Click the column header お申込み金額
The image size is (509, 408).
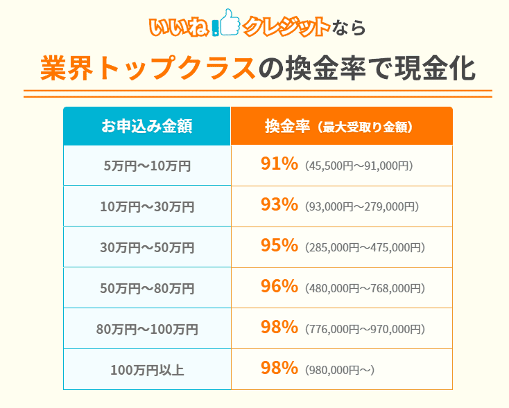click(x=146, y=126)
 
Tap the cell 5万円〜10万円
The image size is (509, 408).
click(x=146, y=166)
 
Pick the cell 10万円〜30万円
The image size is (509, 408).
click(x=146, y=206)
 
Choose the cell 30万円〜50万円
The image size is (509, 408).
click(x=146, y=247)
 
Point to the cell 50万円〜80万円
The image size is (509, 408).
click(x=146, y=288)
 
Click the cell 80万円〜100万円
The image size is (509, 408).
click(x=146, y=329)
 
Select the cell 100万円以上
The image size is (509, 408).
click(x=146, y=370)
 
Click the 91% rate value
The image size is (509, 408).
click(x=279, y=164)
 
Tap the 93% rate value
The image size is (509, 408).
click(x=279, y=205)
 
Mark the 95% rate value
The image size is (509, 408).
click(x=279, y=246)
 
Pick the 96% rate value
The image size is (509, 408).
click(x=279, y=287)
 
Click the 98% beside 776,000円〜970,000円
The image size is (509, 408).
click(x=279, y=328)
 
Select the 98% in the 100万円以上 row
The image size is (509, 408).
click(x=279, y=369)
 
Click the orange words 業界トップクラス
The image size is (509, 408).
click(x=146, y=69)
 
